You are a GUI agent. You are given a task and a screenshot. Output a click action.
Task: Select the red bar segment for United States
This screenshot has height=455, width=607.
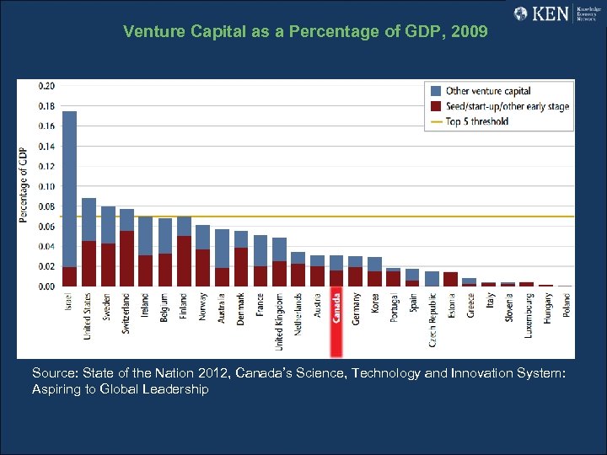coord(89,264)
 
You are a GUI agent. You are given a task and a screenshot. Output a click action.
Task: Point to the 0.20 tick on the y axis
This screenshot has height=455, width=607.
coord(47,86)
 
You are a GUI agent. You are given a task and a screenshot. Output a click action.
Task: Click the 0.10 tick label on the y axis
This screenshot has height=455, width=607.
coord(47,186)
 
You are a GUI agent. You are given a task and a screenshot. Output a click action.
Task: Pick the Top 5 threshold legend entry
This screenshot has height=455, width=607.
coord(476,121)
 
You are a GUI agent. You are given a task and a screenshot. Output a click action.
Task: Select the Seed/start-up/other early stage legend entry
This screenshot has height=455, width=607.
coord(507,106)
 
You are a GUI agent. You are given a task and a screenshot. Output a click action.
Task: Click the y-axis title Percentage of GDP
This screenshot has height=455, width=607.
coord(24,186)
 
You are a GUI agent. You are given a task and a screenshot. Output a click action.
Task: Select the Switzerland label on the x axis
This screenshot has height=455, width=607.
coord(126,313)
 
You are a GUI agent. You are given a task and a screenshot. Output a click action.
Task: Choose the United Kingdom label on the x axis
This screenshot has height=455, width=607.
coord(279,321)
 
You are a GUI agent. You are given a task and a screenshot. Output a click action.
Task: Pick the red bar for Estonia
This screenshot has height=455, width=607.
coord(450,279)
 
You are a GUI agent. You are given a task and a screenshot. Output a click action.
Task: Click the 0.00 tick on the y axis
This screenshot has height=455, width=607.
coord(47,286)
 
